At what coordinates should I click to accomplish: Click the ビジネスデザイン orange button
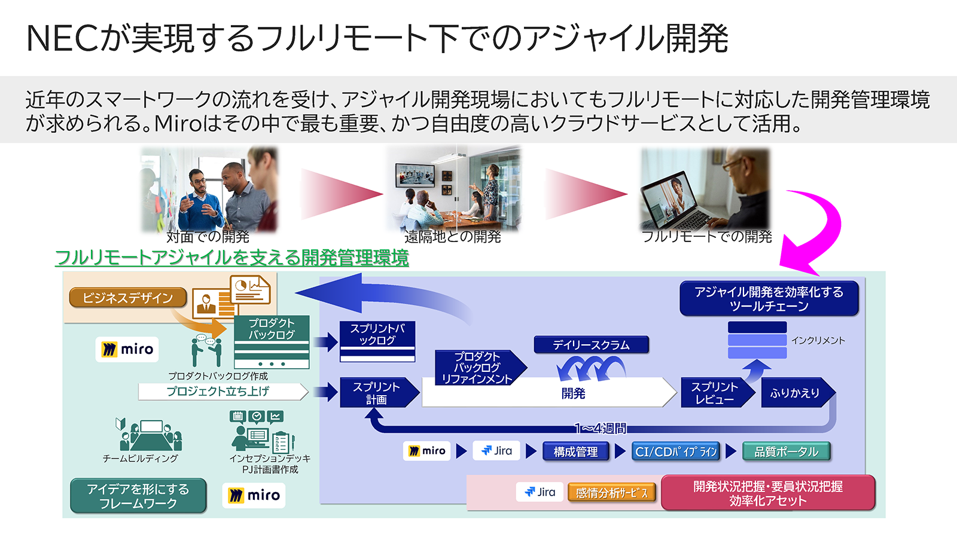127,298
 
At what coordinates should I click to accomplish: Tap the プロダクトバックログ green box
272,329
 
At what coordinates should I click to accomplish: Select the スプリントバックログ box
377,335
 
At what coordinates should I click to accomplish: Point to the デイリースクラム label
591,345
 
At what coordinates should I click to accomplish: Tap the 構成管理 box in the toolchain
575,452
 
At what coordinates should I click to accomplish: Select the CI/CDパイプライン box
676,452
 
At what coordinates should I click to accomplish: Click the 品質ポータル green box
786,452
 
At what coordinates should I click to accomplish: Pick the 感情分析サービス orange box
611,493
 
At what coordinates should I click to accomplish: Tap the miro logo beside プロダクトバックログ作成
127,349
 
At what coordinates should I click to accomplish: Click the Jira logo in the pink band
540,492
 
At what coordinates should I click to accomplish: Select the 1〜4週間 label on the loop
600,428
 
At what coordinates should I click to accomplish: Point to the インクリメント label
818,340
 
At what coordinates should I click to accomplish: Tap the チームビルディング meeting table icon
150,435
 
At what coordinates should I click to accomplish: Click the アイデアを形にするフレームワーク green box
138,496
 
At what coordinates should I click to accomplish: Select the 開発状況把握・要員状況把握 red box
767,493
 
